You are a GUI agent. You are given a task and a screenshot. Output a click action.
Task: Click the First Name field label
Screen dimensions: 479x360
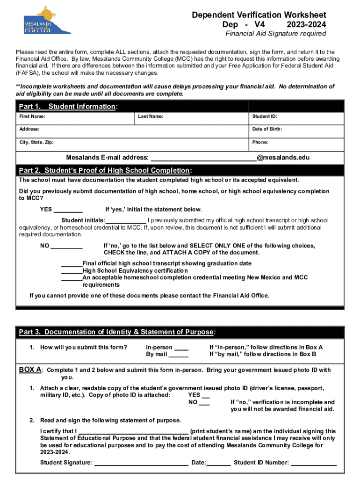pyautogui.click(x=32, y=116)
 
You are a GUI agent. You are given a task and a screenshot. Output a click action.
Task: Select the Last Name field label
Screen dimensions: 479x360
pyautogui.click(x=151, y=116)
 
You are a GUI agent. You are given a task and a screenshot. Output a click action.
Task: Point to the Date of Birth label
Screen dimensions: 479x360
pyautogui.click(x=267, y=129)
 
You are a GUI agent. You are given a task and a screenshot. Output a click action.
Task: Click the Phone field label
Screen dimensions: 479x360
pyautogui.click(x=260, y=142)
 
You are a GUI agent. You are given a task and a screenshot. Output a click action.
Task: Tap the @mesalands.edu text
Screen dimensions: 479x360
pyautogui.click(x=282, y=158)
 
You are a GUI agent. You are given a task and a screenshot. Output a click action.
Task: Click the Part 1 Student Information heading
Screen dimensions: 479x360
pyautogui.click(x=68, y=107)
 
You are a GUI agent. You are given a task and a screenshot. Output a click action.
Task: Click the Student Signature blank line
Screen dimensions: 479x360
pyautogui.click(x=141, y=464)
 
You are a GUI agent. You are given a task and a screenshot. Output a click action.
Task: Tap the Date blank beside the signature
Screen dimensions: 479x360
pyautogui.click(x=219, y=464)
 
